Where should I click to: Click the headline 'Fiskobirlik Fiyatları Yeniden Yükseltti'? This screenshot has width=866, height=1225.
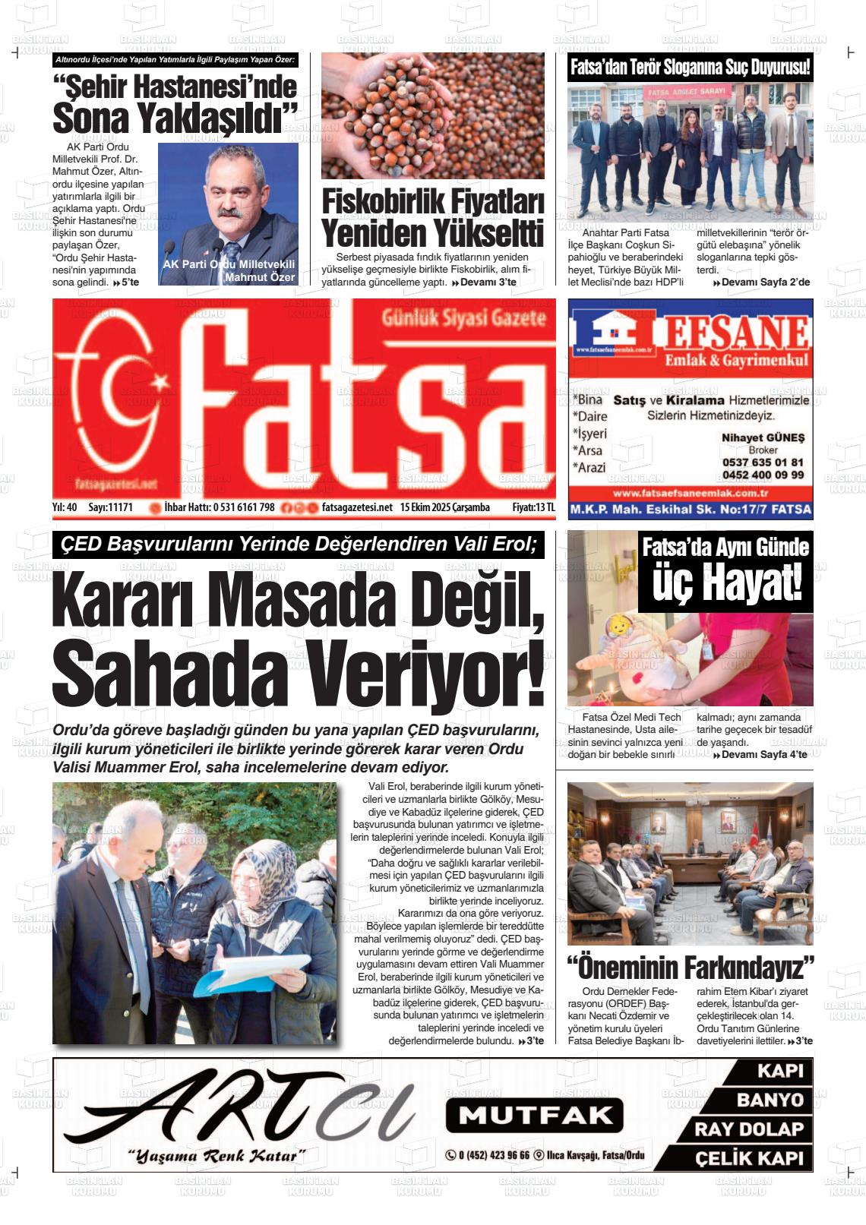click(x=432, y=218)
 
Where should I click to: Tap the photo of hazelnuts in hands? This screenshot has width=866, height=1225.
click(x=432, y=115)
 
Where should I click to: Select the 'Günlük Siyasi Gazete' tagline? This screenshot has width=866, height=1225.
click(x=463, y=317)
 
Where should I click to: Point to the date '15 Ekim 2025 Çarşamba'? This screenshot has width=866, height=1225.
click(x=445, y=507)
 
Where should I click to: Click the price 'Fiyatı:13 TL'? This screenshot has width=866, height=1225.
click(x=533, y=507)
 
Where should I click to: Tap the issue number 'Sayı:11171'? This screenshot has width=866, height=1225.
click(x=111, y=507)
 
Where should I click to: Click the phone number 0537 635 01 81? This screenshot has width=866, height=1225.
click(x=763, y=462)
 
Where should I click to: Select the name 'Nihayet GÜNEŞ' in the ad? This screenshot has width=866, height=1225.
click(x=763, y=437)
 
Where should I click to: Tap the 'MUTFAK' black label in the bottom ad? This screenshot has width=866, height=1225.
click(x=534, y=1115)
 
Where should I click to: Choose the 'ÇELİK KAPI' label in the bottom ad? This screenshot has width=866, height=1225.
click(x=749, y=1159)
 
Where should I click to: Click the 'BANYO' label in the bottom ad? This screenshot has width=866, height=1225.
click(x=770, y=1100)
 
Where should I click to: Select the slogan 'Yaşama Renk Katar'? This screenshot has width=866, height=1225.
click(x=217, y=1157)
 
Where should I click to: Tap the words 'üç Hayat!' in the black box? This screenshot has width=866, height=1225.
click(x=726, y=584)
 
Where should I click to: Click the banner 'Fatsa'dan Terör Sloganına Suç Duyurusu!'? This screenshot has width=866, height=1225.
click(x=690, y=68)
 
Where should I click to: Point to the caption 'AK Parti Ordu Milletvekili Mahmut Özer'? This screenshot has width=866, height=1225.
click(x=229, y=270)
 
